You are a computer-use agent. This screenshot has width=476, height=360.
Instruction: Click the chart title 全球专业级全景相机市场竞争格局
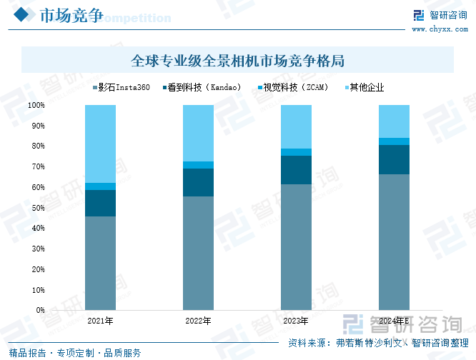pyautogui.click(x=238, y=60)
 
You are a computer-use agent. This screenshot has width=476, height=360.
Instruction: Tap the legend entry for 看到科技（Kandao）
pyautogui.click(x=203, y=88)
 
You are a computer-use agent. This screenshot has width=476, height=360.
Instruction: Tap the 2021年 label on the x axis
pyautogui.click(x=100, y=321)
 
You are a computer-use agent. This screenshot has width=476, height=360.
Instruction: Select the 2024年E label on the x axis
pyautogui.click(x=394, y=321)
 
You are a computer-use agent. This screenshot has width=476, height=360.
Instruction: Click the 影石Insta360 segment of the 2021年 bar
pyautogui.click(x=100, y=264)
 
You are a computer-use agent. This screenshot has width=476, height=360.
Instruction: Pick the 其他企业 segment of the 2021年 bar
pyautogui.click(x=100, y=144)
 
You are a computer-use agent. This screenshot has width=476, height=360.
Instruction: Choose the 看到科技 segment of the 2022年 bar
pyautogui.click(x=198, y=182)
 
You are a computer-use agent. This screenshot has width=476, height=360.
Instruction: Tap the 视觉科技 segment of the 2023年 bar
pyautogui.click(x=296, y=152)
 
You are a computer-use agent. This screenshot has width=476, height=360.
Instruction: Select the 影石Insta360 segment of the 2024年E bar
pyautogui.click(x=394, y=242)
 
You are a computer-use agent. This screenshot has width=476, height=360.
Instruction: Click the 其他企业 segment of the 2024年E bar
pyautogui.click(x=394, y=121)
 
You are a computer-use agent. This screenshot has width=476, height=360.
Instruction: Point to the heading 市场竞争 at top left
pyautogui.click(x=69, y=15)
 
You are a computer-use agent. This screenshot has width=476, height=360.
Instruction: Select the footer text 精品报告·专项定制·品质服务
pyautogui.click(x=75, y=353)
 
